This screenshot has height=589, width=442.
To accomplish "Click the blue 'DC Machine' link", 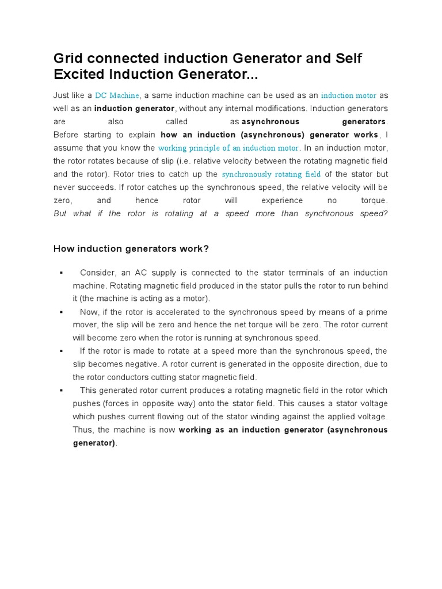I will click(x=117, y=95).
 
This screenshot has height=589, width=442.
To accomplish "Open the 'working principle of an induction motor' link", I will click(x=228, y=148).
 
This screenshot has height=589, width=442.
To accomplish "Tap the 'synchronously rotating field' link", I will click(x=271, y=174).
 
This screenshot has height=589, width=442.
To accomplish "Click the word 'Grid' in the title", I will click(x=67, y=59).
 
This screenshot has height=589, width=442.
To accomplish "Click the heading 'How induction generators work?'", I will click(x=131, y=248).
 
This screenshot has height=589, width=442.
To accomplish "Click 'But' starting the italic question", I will click(x=60, y=214).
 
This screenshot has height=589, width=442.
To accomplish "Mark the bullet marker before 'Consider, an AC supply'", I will click(x=60, y=273).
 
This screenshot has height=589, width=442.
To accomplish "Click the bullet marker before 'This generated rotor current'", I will click(x=60, y=391).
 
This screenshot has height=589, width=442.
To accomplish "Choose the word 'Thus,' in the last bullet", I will click(x=83, y=430).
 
